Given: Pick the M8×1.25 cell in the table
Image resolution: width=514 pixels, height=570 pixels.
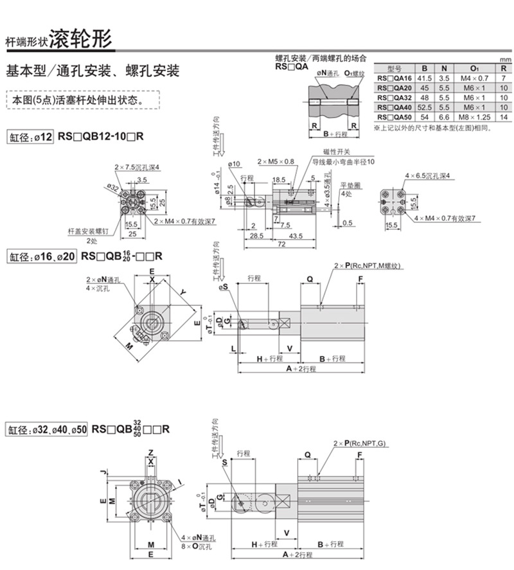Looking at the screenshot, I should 475,118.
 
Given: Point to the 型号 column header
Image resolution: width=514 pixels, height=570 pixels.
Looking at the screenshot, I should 394,68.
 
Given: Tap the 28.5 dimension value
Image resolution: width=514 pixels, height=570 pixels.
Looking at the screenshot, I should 257,236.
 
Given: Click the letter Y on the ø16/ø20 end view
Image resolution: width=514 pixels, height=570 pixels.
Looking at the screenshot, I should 183,292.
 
